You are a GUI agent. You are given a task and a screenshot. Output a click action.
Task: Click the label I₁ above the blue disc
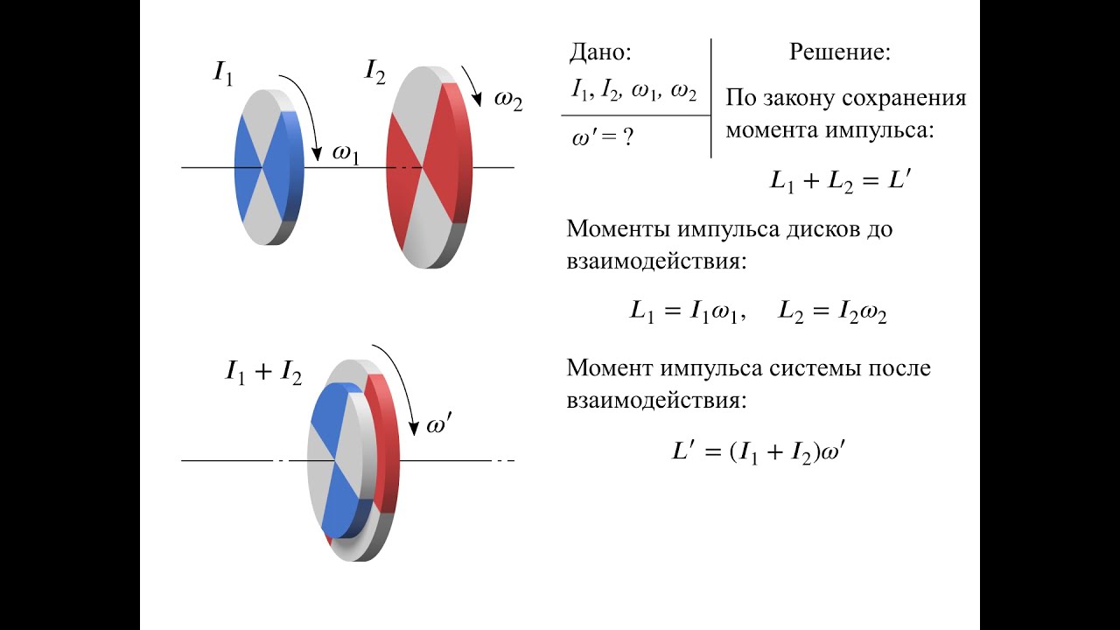224,73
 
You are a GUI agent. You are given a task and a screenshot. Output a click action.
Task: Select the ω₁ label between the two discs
346,154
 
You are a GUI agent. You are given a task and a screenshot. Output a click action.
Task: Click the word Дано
600,52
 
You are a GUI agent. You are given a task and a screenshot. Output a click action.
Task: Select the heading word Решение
840,52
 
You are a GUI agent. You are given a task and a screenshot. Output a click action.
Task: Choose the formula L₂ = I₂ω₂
832,313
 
